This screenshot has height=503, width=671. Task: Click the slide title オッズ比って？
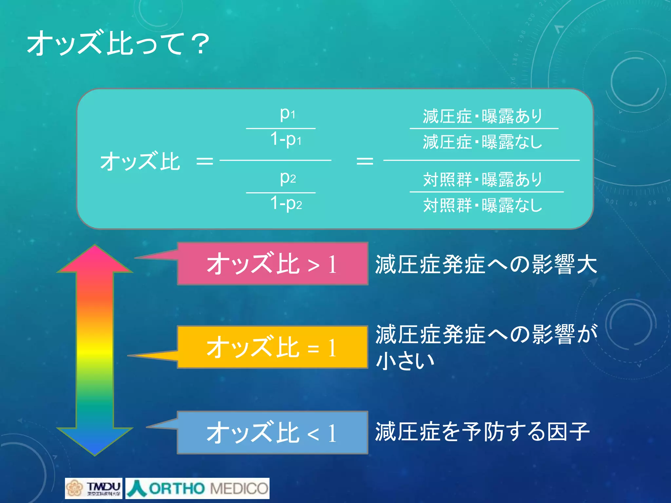click(x=118, y=44)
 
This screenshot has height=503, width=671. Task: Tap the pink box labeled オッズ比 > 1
click(x=272, y=264)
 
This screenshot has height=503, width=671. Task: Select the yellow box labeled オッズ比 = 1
click(x=272, y=347)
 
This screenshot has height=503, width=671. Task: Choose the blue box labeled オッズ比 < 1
click(x=272, y=433)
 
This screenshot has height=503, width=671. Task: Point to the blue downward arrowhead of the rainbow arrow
click(x=95, y=440)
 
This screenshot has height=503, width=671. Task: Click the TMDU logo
click(x=94, y=488)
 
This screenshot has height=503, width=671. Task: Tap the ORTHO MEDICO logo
click(x=198, y=488)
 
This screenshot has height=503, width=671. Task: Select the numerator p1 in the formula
click(x=287, y=114)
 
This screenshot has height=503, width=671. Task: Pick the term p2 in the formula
click(x=288, y=178)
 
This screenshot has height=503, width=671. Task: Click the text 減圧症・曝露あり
click(x=482, y=116)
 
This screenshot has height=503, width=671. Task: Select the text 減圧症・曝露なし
click(x=482, y=142)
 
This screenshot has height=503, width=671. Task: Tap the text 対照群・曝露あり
click(x=482, y=180)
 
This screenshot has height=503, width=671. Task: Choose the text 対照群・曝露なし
click(x=482, y=205)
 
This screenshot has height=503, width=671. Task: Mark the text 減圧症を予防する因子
click(x=482, y=432)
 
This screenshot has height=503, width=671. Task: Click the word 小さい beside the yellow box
click(x=405, y=361)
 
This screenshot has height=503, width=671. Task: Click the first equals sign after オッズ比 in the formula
click(x=204, y=161)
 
